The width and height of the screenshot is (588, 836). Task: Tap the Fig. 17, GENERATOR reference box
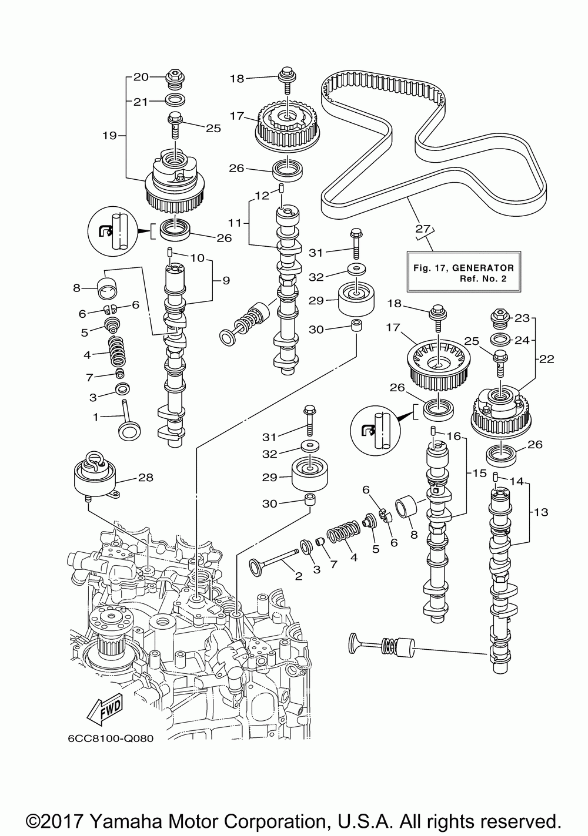point(463,271)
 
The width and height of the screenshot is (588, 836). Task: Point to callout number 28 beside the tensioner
point(146,478)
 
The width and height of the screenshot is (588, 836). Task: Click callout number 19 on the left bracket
point(110,136)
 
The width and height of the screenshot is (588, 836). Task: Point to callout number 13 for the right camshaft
point(540,512)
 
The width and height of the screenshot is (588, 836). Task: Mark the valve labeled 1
point(129,421)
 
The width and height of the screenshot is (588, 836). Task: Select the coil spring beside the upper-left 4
point(117,351)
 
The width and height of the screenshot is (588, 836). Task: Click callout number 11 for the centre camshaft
point(235,223)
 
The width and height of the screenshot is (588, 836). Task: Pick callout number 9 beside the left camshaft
point(226,281)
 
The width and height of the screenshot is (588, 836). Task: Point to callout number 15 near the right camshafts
point(479,474)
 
